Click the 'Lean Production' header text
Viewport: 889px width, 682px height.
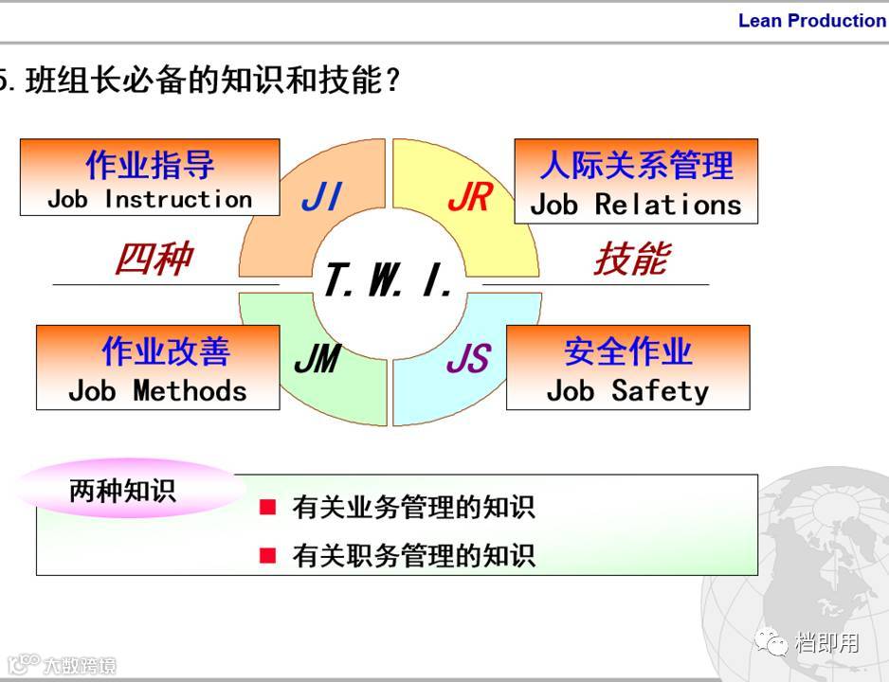click(x=811, y=21)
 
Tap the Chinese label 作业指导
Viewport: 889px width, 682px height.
click(x=150, y=165)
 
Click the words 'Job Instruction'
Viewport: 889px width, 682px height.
click(x=150, y=199)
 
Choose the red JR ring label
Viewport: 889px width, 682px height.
click(x=469, y=197)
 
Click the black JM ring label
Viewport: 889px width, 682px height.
click(x=317, y=360)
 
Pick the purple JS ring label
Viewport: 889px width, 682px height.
click(x=468, y=360)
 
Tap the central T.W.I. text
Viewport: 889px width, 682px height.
click(x=390, y=280)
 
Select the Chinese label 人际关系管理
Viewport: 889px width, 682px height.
click(x=636, y=166)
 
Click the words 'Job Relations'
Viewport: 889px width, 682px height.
click(x=636, y=204)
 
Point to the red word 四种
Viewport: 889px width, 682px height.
click(x=154, y=259)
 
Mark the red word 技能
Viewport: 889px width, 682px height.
click(x=631, y=259)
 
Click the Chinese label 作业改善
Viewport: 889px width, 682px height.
click(x=166, y=351)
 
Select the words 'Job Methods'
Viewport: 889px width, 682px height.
click(x=157, y=390)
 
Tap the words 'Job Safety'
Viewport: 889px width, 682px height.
click(x=627, y=390)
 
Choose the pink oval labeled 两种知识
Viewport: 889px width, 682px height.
click(x=122, y=491)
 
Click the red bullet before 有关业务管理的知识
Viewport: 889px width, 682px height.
click(x=268, y=508)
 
